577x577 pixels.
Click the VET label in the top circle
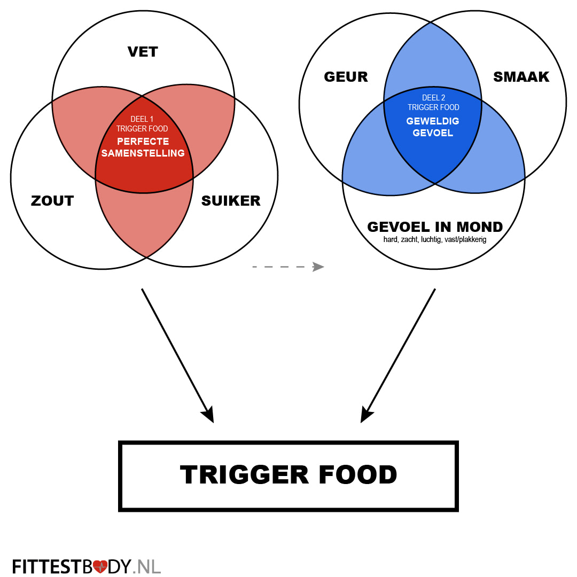click(x=143, y=52)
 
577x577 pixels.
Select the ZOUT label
click(x=52, y=201)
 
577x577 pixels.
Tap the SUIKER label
click(x=231, y=201)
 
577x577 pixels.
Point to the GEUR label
click(x=346, y=77)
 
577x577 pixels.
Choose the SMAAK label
click(x=521, y=77)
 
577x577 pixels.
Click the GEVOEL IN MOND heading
click(x=435, y=227)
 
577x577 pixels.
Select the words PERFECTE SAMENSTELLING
click(x=143, y=147)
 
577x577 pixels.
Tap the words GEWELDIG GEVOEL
click(x=433, y=127)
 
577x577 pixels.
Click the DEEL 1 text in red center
click(x=142, y=119)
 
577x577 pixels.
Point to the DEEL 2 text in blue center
click(x=433, y=98)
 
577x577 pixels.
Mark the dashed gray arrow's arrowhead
click(x=319, y=267)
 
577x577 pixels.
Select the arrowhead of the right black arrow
click(x=367, y=415)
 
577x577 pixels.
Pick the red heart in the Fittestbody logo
click(x=100, y=566)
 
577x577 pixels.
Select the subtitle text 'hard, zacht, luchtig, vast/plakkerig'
click(x=435, y=240)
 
